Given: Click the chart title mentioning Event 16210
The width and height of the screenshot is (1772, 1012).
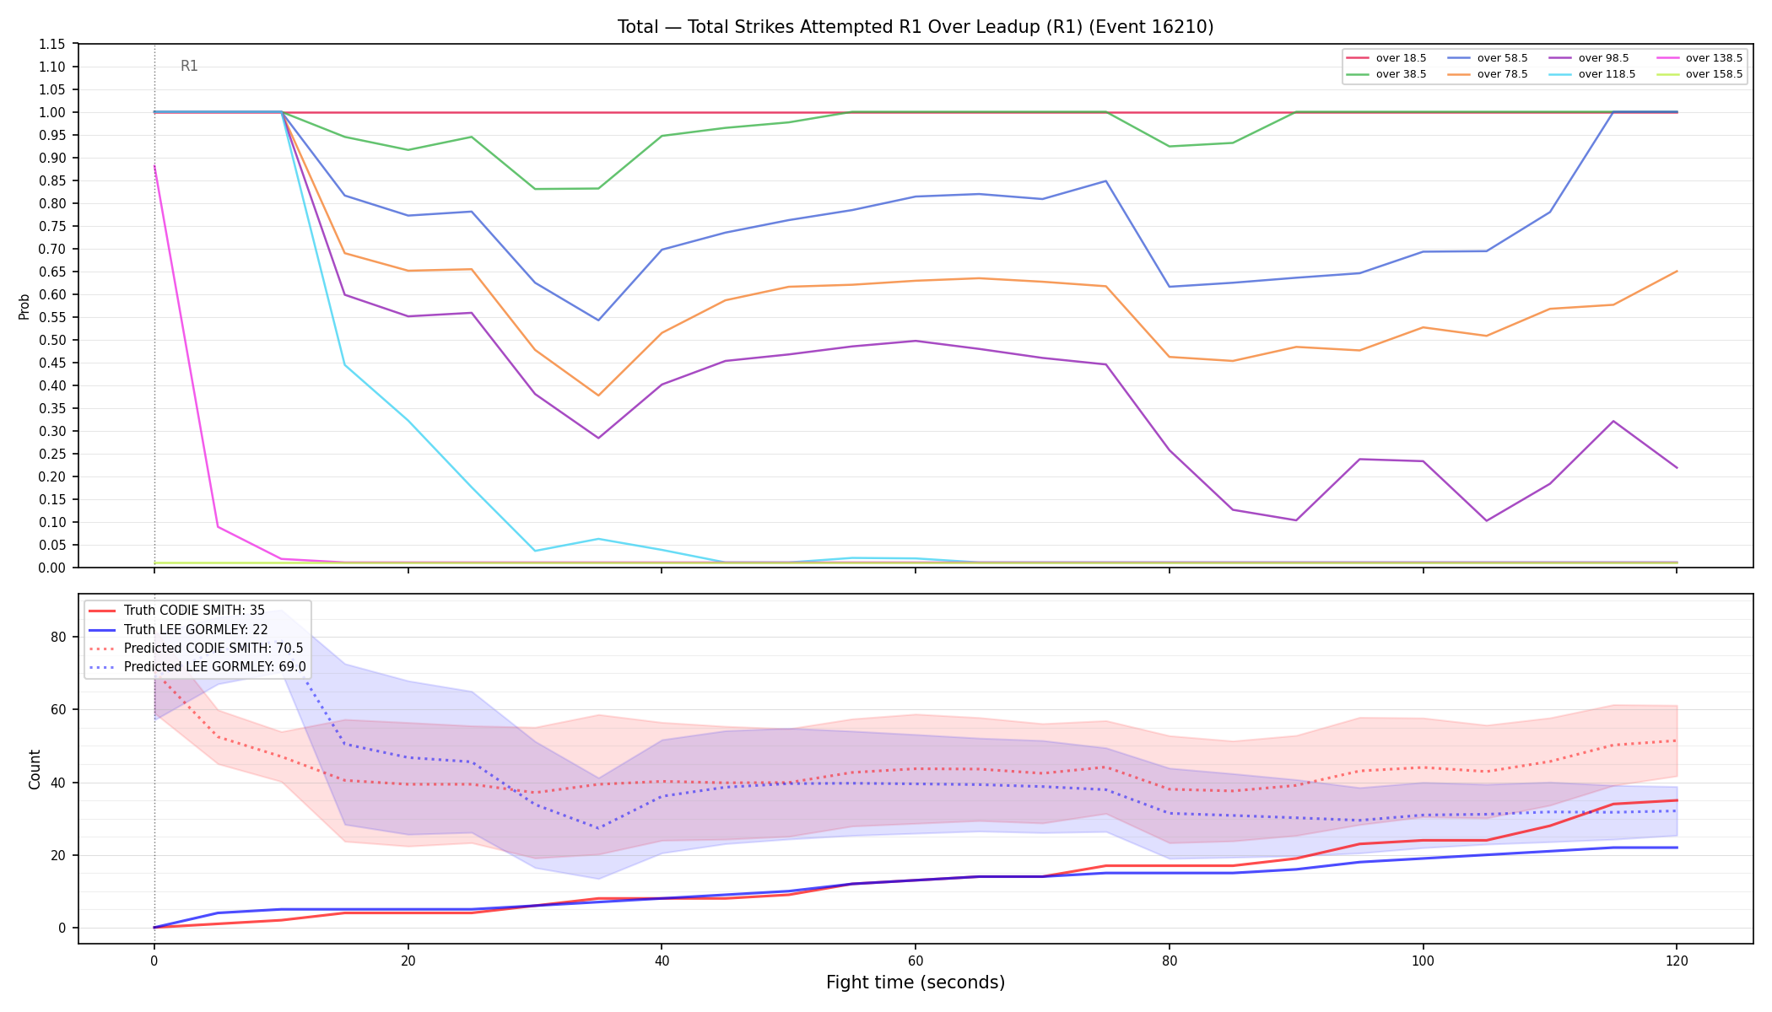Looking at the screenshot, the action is pos(916,27).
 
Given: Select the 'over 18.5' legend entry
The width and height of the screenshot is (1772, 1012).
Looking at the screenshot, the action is pos(1386,58).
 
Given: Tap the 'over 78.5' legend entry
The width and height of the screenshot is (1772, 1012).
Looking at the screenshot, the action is pos(1488,74).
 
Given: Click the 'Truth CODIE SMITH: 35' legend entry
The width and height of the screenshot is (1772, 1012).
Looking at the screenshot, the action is pos(176,611).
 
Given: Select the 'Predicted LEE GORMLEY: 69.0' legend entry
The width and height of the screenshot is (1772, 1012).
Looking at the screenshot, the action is pos(197,667).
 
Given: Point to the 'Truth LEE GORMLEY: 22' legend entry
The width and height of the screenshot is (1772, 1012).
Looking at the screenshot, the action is pos(178,630).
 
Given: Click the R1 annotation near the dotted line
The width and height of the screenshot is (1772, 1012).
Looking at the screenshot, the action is pos(189,66).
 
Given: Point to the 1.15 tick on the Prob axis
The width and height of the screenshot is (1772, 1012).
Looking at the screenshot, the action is pos(53,44).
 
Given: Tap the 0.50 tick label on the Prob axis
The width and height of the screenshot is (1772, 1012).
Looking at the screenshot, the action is pos(53,340).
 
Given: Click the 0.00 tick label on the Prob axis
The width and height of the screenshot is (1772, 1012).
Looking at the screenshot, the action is pos(53,568).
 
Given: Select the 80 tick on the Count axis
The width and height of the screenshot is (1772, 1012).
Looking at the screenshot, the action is pos(58,637).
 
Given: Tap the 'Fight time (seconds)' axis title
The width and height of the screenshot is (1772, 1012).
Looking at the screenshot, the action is pos(916,982).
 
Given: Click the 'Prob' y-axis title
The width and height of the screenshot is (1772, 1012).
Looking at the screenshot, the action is pos(24,306).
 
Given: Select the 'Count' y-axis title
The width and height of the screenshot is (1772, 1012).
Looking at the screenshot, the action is pos(35,769).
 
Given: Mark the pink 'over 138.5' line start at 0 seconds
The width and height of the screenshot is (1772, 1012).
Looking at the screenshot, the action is pos(154,165).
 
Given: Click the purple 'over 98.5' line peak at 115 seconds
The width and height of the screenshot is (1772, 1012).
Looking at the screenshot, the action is pos(1613,421).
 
